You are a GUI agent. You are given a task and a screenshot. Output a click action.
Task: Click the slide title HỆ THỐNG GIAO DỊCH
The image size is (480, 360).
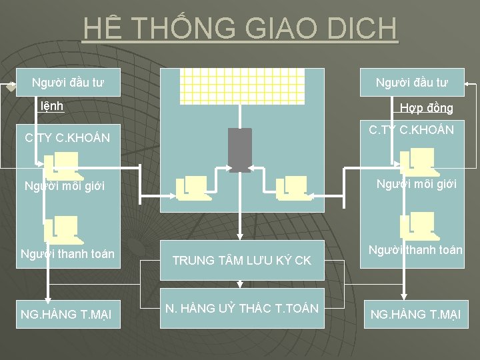point(240,29)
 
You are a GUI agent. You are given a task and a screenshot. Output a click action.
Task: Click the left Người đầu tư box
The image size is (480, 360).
point(68,83)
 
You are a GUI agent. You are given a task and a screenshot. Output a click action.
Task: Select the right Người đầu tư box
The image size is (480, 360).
point(411,83)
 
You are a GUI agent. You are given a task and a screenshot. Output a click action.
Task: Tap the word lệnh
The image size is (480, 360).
point(52,105)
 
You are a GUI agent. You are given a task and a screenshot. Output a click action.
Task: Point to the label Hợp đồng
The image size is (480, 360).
point(426,107)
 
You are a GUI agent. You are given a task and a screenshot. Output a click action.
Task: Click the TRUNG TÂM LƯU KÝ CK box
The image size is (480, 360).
point(241,260)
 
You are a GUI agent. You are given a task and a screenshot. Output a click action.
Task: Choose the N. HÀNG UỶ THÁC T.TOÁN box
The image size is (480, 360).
point(241,308)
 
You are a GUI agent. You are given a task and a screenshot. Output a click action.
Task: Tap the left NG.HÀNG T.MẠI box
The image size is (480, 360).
point(66,313)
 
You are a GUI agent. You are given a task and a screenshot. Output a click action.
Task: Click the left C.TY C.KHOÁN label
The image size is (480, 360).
point(67,138)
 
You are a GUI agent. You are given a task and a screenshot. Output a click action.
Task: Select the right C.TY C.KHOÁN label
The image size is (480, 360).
point(411,130)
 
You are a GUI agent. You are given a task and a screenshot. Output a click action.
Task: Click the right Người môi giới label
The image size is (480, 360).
point(417,183)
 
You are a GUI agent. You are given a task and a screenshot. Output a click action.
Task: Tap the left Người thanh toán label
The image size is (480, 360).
point(67,253)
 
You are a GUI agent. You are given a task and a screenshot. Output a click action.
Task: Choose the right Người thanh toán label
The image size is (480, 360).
point(415,250)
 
